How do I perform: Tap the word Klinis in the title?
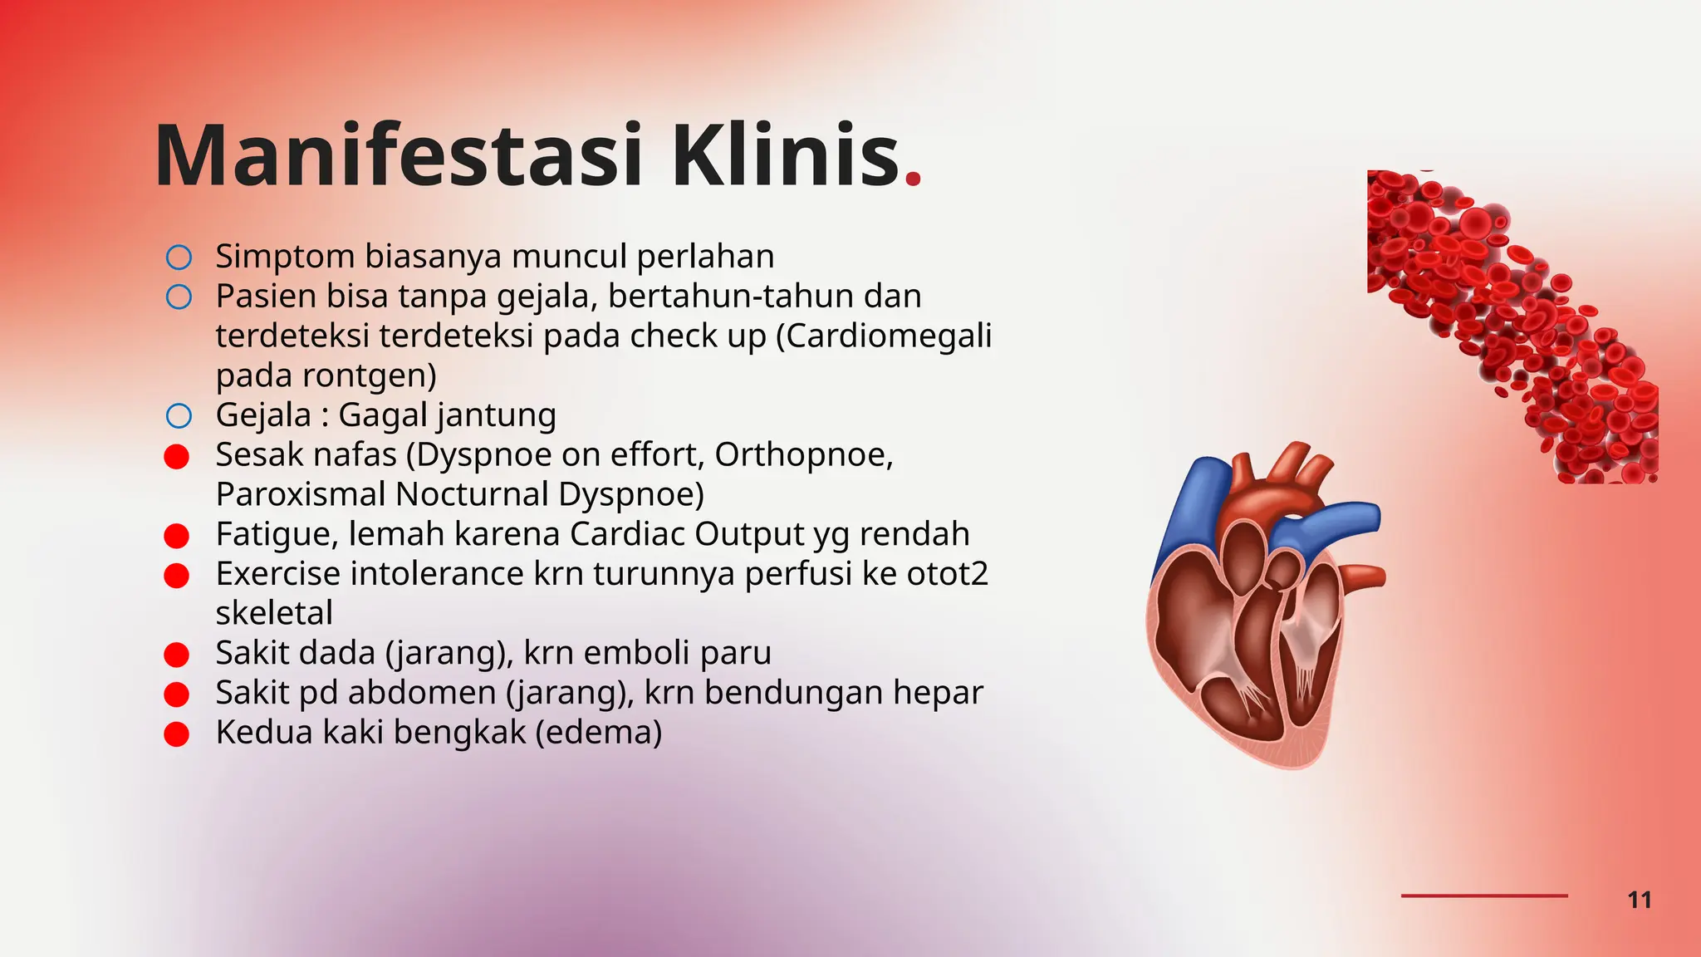click(x=785, y=156)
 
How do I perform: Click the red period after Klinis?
click(x=913, y=178)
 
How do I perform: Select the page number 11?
click(x=1639, y=900)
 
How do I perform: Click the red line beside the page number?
click(x=1483, y=896)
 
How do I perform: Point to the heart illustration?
click(x=1262, y=606)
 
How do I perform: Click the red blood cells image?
click(x=1512, y=324)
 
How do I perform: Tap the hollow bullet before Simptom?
click(x=179, y=258)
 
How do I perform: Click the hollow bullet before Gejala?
click(x=179, y=415)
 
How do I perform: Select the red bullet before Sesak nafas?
click(x=177, y=456)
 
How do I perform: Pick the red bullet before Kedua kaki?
click(x=177, y=734)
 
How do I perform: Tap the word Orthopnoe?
click(x=803, y=454)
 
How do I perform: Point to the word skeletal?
click(x=274, y=613)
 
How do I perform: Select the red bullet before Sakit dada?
click(x=177, y=655)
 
